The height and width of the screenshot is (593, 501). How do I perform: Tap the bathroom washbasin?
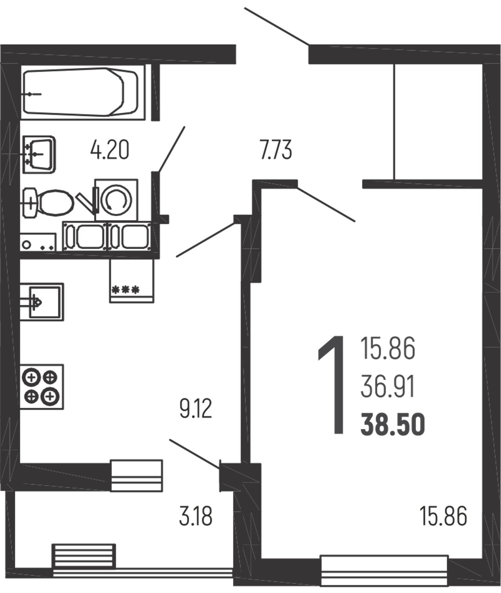pos(39,154)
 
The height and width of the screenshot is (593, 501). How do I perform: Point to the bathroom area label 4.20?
pos(110,150)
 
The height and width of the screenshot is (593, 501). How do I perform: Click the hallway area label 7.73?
pos(276,150)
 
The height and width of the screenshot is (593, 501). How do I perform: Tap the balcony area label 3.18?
pos(196,516)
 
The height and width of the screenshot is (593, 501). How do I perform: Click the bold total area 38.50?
pos(393,425)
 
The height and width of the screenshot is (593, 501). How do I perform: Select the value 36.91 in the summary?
pos(387,387)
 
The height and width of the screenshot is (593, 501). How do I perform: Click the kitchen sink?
pos(42,302)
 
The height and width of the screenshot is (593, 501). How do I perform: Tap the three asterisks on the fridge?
pos(126,289)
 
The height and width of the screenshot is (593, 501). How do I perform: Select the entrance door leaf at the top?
pos(277,26)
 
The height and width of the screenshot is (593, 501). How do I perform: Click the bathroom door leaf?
pos(171,150)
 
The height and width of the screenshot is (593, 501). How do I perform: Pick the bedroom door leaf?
pos(326,204)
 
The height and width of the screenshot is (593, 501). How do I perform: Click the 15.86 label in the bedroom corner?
pos(443,516)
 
